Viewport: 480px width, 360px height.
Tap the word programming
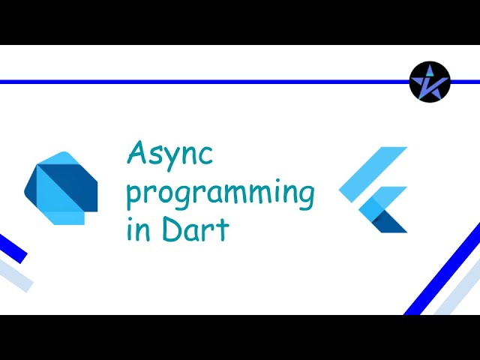[x=220, y=194]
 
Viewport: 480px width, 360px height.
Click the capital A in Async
[x=137, y=152]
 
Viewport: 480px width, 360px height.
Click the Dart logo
[x=61, y=188]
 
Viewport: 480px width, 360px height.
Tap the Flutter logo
[x=373, y=190]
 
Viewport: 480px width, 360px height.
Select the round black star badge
[x=430, y=82]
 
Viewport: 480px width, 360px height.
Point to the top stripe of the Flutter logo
[x=373, y=175]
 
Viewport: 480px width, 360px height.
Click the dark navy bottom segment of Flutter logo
[x=390, y=222]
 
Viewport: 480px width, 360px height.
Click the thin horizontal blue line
[x=205, y=82]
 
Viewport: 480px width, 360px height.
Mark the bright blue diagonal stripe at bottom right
[x=442, y=269]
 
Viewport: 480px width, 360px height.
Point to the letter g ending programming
[x=305, y=197]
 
